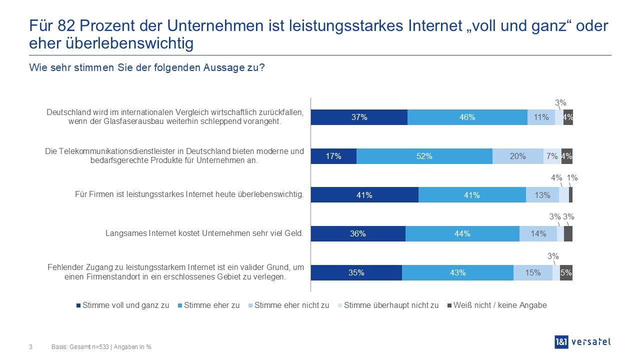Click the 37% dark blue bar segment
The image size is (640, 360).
coord(359,117)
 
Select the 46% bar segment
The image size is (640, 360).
coord(467,117)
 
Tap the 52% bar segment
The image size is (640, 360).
coord(424,156)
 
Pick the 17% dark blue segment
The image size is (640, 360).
coord(333,156)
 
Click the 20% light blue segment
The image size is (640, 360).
coord(517,156)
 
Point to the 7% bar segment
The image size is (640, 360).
coord(552,156)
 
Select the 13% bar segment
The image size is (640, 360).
coord(542,195)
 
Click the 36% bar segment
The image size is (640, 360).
coord(358,234)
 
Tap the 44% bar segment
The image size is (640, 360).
coord(462,234)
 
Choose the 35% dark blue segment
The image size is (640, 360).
coord(356,273)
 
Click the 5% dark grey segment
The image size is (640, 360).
coord(566,273)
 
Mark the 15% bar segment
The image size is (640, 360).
coord(532,273)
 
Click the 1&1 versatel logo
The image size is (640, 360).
coord(582,342)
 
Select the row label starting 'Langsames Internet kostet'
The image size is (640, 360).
coord(204,233)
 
